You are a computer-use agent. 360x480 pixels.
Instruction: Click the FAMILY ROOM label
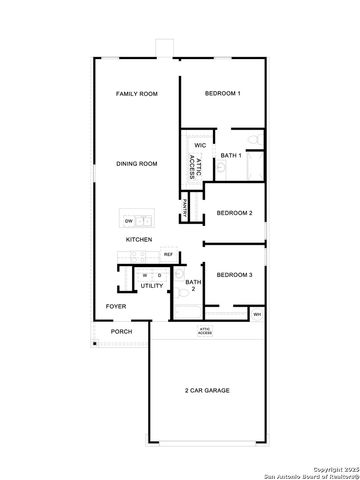click(136, 94)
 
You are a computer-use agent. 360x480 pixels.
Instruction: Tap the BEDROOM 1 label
click(222, 93)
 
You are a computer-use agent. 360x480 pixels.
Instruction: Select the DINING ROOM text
click(136, 164)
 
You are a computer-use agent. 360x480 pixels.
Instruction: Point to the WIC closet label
click(200, 145)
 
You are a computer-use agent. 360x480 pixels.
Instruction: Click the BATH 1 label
click(231, 156)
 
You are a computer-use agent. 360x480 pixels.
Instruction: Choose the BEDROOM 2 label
click(234, 213)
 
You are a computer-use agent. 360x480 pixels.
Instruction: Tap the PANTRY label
click(185, 210)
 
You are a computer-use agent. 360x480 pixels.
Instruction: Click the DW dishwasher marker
click(128, 220)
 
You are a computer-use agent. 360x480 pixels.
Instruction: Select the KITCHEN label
click(138, 240)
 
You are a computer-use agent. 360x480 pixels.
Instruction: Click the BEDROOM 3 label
click(234, 274)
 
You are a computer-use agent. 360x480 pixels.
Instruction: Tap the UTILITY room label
click(152, 286)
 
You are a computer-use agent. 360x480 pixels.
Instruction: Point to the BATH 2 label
click(189, 286)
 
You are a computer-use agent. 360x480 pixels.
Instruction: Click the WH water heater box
click(257, 315)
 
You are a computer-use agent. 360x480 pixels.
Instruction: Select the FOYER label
click(115, 306)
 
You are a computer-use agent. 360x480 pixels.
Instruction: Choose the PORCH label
click(121, 331)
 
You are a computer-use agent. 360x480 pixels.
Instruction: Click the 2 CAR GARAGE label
click(207, 390)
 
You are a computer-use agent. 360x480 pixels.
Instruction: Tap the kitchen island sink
click(146, 220)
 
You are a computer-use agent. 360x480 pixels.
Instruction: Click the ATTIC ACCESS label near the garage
click(204, 329)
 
